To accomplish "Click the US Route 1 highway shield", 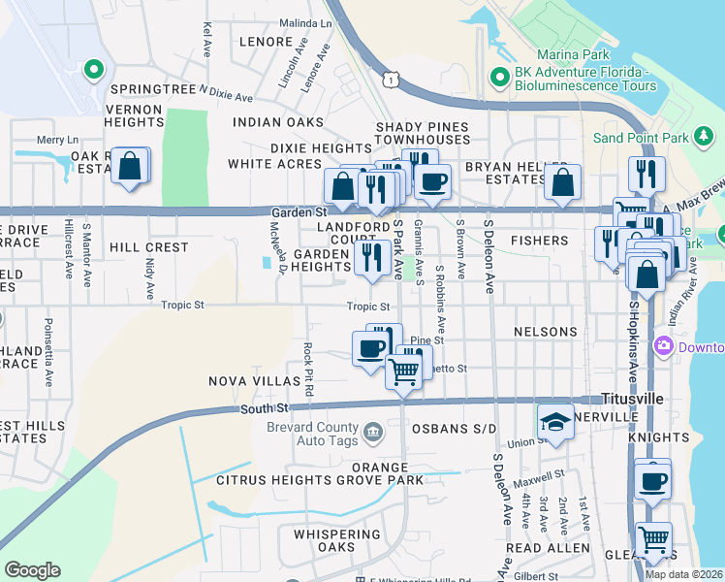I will (388, 79).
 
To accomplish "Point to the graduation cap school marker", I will (555, 420).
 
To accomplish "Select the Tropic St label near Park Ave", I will (368, 307).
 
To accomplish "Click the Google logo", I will (32, 569).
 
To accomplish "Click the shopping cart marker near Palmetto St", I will (404, 369).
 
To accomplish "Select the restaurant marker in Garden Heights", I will (371, 257).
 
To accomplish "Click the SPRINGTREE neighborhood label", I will (153, 88).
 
